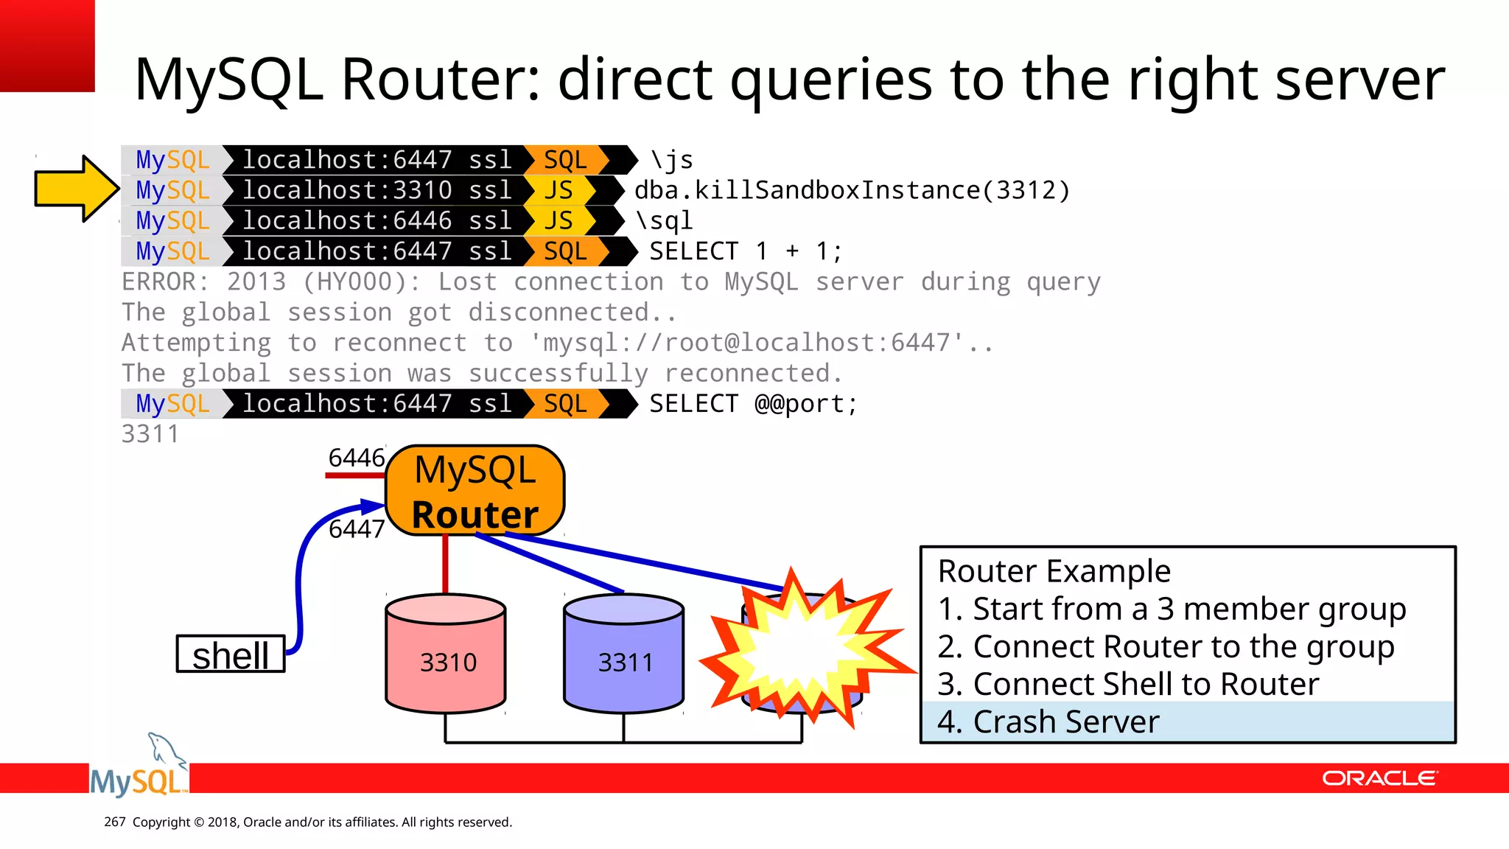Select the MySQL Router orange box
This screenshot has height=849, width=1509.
coord(475,491)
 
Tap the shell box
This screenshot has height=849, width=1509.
coord(231,654)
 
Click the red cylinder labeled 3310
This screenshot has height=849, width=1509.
coord(446,656)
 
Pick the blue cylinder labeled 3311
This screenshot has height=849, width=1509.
coord(624,656)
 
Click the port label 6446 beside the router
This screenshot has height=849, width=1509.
coord(357,458)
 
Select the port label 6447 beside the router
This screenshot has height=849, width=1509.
coord(357,529)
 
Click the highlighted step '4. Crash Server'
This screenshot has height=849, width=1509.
coord(1048,722)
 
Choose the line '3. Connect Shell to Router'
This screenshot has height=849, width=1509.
coord(1127,685)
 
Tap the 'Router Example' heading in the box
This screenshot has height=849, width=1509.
coord(1054,572)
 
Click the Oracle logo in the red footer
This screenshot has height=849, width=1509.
coord(1379,779)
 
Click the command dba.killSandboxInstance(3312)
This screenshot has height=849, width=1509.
coord(852,191)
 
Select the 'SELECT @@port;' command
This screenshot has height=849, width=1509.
coord(753,404)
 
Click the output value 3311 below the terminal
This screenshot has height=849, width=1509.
coord(150,434)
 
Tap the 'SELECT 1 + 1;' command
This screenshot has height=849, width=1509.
coord(745,252)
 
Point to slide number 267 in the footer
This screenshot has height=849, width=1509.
coord(115,822)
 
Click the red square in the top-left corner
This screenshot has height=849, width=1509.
coord(47,46)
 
